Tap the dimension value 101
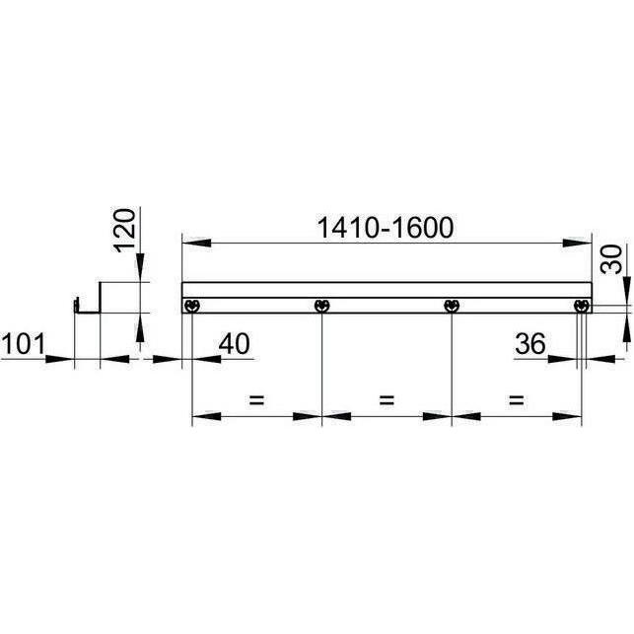coord(22,344)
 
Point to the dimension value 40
coord(235,344)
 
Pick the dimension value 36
coord(531,344)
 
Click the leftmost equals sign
coord(256,401)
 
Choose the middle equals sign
coord(387,401)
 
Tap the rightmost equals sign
coord(516,401)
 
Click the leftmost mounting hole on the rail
coord(192,306)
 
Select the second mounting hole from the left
coord(321,306)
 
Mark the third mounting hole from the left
coord(451,306)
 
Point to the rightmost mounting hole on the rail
coord(581,306)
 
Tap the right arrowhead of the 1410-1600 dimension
coord(580,242)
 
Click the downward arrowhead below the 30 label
coord(626,293)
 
